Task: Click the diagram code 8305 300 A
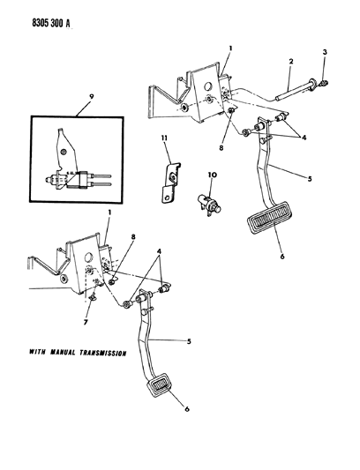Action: pyautogui.click(x=41, y=13)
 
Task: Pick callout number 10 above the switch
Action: pyautogui.click(x=212, y=176)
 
